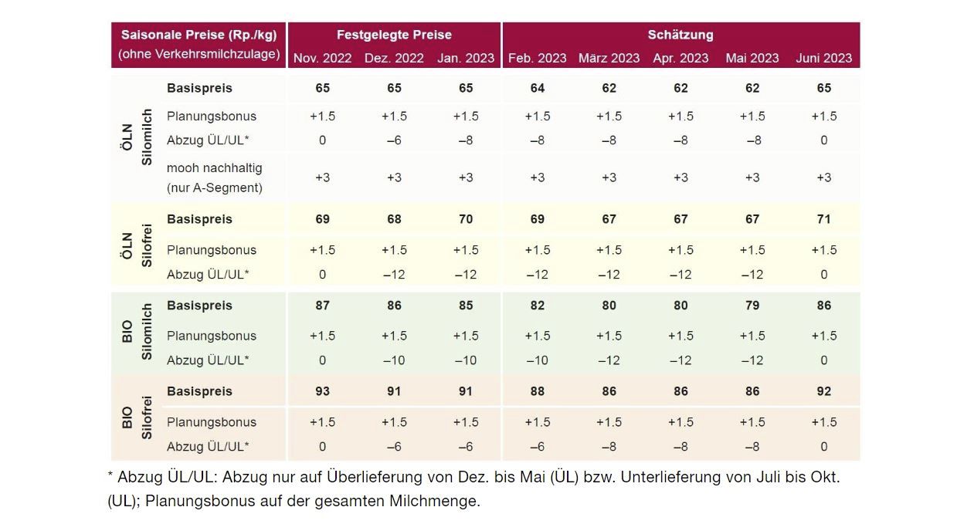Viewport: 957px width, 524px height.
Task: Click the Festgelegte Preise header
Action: tap(394, 35)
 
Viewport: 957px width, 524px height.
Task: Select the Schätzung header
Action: tap(680, 35)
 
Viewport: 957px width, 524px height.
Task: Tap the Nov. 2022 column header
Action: tap(322, 58)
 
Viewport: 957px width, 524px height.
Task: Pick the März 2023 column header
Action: tap(609, 58)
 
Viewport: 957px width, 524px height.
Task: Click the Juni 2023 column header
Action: tap(823, 58)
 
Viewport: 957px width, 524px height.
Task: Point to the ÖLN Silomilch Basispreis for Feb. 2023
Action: tap(537, 88)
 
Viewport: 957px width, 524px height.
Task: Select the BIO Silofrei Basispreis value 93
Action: tap(322, 391)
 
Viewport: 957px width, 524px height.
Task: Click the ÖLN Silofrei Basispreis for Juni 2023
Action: tap(823, 219)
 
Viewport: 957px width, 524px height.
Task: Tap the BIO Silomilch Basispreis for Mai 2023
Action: tap(752, 306)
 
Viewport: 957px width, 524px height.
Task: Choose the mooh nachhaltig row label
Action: tap(215, 177)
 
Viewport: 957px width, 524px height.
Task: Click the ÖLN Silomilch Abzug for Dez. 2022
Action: tap(394, 140)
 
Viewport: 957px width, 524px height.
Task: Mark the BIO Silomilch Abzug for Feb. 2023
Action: tap(537, 360)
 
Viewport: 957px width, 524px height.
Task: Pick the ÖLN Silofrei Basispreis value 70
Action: tap(465, 219)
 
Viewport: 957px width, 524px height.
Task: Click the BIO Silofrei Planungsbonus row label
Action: tap(211, 422)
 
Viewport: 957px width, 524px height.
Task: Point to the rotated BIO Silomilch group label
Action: tap(137, 332)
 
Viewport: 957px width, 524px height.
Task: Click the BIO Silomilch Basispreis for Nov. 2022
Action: tap(322, 306)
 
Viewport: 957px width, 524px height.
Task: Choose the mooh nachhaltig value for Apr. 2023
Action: tap(680, 177)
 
